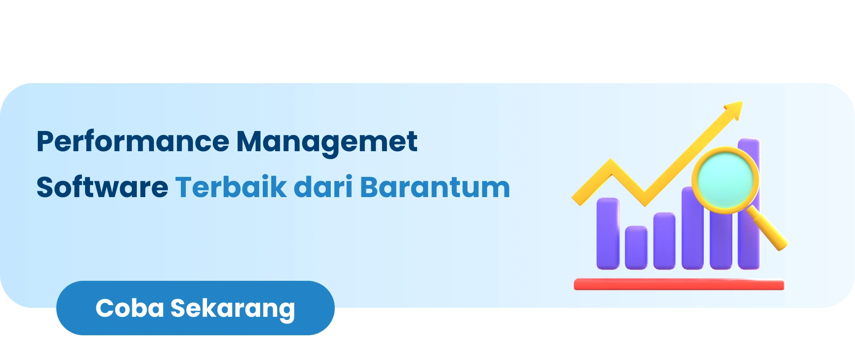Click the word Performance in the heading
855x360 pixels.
133,142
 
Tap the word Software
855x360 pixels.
103,187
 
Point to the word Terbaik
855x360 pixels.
231,187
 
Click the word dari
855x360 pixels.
323,187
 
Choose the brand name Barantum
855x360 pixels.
435,187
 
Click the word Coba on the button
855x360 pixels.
130,308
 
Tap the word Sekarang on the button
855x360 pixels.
233,310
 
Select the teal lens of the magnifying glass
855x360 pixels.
725,180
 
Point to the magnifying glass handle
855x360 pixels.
767,229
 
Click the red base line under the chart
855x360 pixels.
679,284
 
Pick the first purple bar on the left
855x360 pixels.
608,234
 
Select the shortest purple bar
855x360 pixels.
636,247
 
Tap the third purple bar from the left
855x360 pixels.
664,241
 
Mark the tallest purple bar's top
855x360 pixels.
749,139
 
